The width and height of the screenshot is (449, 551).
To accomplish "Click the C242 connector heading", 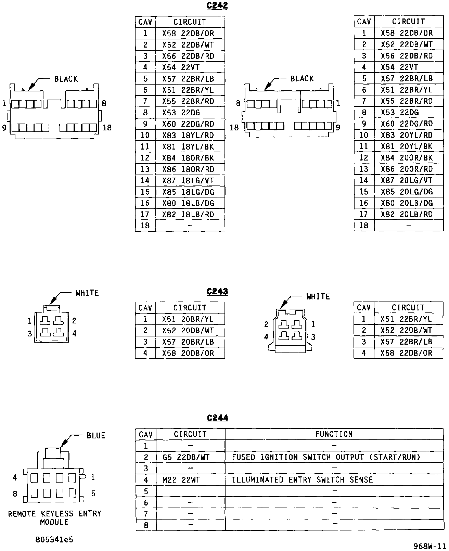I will click(217, 6).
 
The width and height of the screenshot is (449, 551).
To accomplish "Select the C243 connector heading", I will click(217, 292).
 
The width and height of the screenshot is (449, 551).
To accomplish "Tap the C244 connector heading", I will click(217, 418).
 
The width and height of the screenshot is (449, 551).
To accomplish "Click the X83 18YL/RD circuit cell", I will click(188, 135).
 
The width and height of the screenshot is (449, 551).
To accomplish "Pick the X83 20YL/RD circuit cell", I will click(407, 135).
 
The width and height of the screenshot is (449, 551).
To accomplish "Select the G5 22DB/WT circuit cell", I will click(186, 457).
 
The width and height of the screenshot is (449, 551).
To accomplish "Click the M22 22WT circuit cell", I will click(181, 480).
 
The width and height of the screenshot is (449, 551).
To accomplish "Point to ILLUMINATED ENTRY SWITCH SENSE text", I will click(302, 480).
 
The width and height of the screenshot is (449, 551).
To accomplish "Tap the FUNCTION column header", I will click(334, 434).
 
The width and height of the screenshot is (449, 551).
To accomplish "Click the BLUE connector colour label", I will click(96, 436).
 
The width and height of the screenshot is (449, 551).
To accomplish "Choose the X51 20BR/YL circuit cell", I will click(188, 319).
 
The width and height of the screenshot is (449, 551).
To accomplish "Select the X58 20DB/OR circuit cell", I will click(188, 353).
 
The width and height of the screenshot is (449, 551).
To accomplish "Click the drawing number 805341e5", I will click(54, 540).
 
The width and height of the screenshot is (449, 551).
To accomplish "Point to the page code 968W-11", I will click(429, 546).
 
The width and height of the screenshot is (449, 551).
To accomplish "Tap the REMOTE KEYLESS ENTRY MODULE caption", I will click(54, 518).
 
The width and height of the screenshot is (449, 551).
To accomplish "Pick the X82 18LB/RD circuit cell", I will click(188, 215).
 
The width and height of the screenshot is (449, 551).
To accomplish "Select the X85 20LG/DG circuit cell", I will click(407, 192).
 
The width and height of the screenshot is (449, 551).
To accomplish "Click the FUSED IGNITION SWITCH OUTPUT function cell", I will click(326, 457).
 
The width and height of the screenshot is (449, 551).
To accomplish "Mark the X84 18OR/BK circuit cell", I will click(188, 158).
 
